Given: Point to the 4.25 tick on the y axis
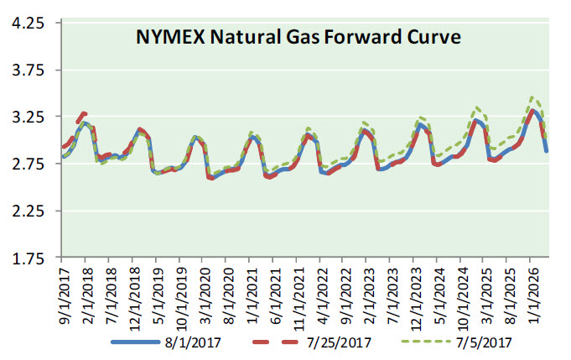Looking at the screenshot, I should tap(27, 23).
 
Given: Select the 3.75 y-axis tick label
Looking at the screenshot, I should tap(27, 70).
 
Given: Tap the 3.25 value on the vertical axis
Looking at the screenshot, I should tap(27, 117).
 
